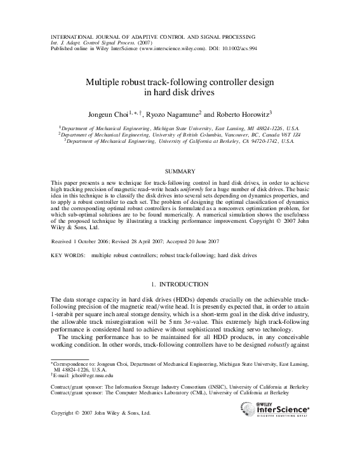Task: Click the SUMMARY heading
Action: [180, 171]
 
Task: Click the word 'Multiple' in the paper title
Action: [105, 81]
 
